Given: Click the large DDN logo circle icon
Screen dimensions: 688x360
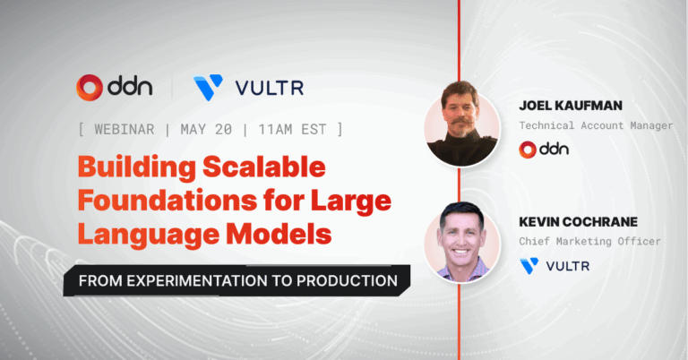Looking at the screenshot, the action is click(x=90, y=87).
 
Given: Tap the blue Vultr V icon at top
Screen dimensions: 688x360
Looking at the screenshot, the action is click(x=208, y=87).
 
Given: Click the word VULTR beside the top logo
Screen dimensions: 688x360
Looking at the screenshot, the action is click(x=270, y=88).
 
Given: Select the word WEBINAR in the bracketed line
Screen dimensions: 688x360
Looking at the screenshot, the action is click(x=125, y=129).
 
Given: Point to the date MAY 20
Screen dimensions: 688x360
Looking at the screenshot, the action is click(x=206, y=129).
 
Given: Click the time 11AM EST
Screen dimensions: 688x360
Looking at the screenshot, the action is click(x=292, y=129).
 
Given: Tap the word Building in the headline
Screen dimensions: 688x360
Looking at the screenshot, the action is click(x=137, y=168).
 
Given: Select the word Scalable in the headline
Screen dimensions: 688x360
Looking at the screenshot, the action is click(x=264, y=167).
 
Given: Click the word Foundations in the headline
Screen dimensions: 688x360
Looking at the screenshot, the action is click(x=168, y=200).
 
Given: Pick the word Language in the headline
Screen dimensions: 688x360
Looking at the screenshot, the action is click(x=149, y=235).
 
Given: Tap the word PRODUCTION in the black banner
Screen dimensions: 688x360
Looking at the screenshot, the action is click(x=347, y=280).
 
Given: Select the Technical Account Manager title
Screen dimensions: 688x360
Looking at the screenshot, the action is click(x=596, y=125).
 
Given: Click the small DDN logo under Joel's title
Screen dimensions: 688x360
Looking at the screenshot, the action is click(x=544, y=150).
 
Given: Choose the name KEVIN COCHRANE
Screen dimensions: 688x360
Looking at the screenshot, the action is click(x=579, y=222).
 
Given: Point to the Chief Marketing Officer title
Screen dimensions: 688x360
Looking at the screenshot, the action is click(x=589, y=241).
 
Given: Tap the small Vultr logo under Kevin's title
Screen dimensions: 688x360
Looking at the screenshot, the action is click(x=555, y=266).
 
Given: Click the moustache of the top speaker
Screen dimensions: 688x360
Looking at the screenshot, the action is click(x=460, y=120).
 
